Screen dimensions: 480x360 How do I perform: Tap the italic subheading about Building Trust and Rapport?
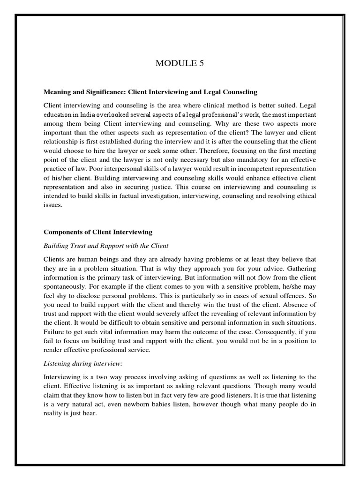(106, 246)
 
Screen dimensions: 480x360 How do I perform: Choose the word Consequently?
(276, 333)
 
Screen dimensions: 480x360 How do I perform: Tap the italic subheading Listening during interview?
(80, 361)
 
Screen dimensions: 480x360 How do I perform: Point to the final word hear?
(89, 406)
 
